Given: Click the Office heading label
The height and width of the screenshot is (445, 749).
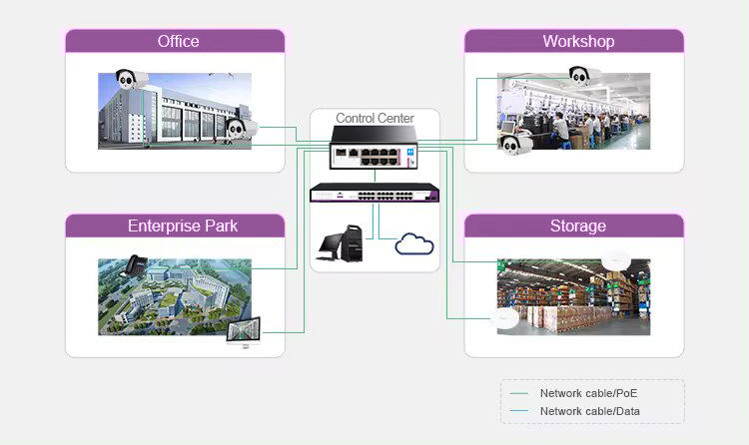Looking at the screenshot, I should tap(178, 41).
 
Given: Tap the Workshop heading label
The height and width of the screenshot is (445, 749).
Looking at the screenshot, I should tap(578, 41).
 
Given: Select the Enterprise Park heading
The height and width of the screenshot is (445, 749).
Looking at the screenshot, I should tap(183, 225).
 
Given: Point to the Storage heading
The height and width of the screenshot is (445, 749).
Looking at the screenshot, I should tap(577, 225).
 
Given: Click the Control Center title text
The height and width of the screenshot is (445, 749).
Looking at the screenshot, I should tap(374, 118).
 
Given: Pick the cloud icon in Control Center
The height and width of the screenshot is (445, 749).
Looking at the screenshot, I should tap(411, 243).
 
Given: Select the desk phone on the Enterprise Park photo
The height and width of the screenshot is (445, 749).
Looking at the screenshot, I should tap(133, 266).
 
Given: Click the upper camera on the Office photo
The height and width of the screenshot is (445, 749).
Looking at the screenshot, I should tap(129, 80).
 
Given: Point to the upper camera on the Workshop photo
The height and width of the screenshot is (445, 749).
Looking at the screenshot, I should tap(583, 73).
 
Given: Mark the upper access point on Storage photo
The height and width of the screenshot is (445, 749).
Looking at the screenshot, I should tap(614, 258).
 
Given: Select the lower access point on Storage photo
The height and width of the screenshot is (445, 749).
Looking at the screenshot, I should tap(506, 318).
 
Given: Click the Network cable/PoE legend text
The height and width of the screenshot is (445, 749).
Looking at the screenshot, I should tap(588, 394).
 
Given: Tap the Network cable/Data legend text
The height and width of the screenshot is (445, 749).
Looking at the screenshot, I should tap(589, 411).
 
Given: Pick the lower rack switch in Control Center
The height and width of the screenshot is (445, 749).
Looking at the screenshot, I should tap(374, 193).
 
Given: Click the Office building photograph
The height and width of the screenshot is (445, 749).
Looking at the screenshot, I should tap(175, 111).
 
